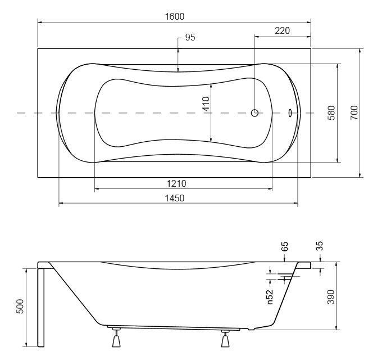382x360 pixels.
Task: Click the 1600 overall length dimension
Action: (175, 16)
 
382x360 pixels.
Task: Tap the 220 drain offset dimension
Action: (283, 31)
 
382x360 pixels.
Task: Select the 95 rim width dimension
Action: (190, 37)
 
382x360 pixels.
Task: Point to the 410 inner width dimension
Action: (206, 104)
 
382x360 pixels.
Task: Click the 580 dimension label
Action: (331, 112)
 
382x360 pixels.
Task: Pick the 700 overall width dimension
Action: (354, 112)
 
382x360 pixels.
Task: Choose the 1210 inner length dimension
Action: (176, 183)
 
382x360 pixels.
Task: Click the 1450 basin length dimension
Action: (175, 198)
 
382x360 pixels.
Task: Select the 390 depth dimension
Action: (331, 297)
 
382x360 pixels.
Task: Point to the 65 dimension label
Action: (284, 246)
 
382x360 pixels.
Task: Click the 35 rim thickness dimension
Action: (319, 246)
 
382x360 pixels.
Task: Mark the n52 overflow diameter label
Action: (270, 297)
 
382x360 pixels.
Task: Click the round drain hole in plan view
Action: (254, 112)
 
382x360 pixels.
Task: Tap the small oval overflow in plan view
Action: (290, 112)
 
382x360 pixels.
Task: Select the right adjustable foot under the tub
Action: (225, 338)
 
